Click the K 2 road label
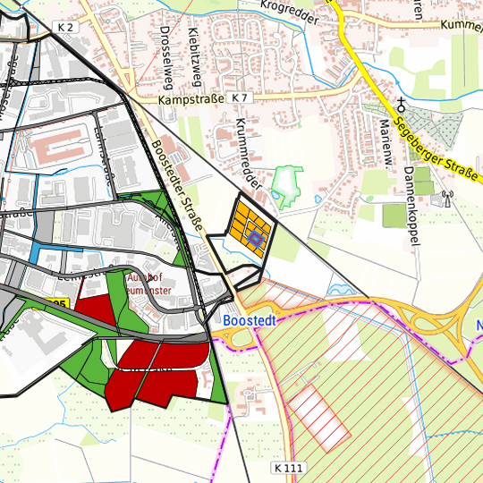[64, 29]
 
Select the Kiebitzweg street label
[195, 54]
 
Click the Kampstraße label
[189, 100]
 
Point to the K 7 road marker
[239, 97]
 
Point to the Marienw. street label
[386, 140]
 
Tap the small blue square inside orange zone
[255, 238]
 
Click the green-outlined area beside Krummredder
[286, 183]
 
